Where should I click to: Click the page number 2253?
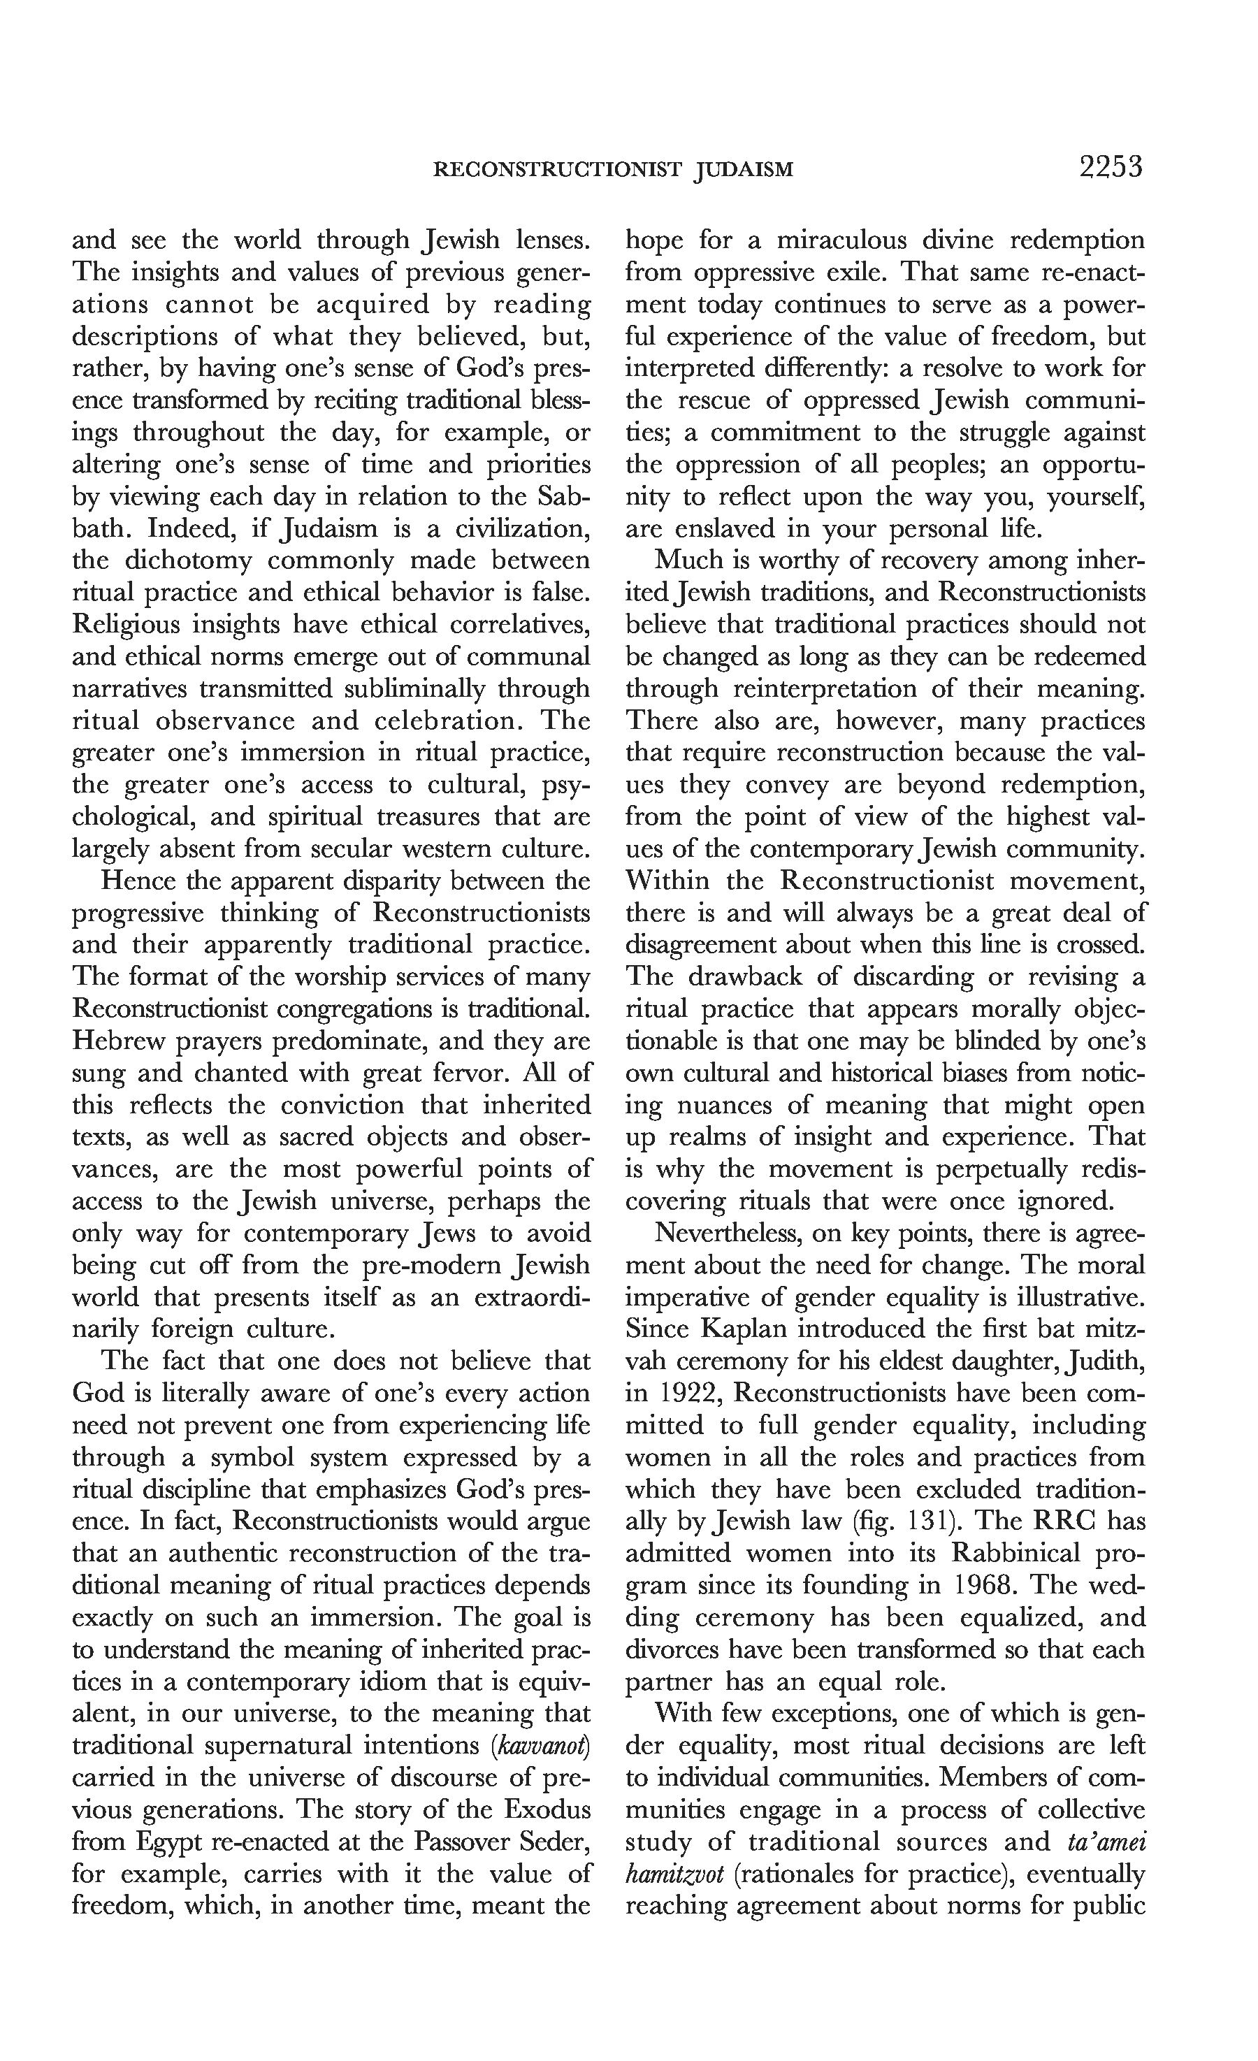(x=1110, y=168)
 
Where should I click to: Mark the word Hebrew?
(x=120, y=1041)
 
